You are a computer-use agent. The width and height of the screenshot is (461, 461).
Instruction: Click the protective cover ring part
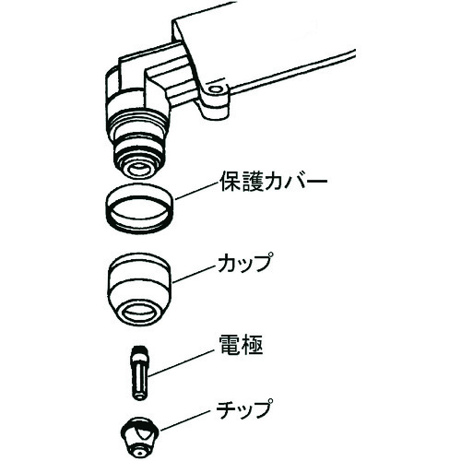pyautogui.click(x=138, y=207)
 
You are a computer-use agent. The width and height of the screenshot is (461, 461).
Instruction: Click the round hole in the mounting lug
pyautogui.click(x=218, y=91)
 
